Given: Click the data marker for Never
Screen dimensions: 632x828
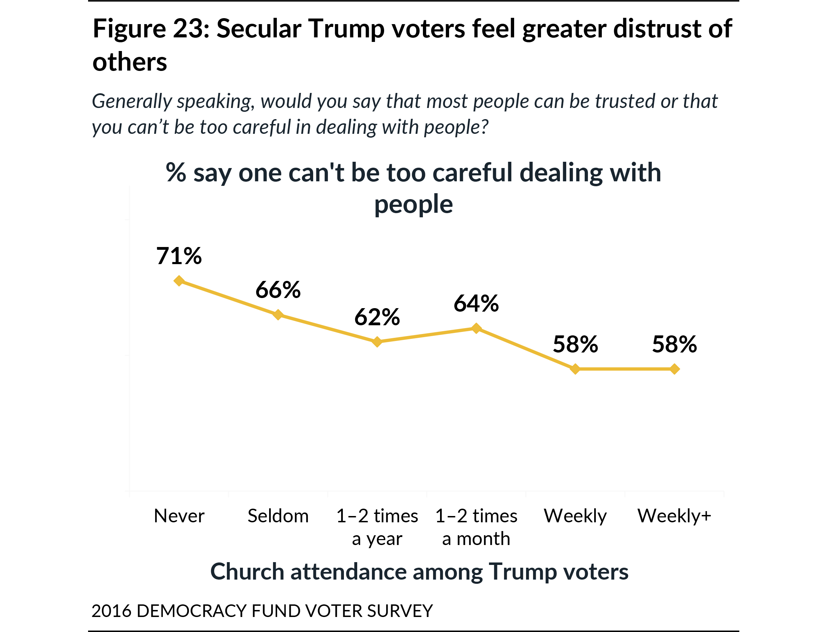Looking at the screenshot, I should pyautogui.click(x=179, y=281).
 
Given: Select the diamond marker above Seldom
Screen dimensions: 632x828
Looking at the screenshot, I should pyautogui.click(x=278, y=314).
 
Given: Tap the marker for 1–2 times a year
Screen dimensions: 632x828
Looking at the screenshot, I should pyautogui.click(x=377, y=342).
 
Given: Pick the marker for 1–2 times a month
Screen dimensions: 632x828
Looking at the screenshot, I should pyautogui.click(x=476, y=328).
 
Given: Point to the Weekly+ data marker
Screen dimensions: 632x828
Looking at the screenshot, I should pyautogui.click(x=675, y=369).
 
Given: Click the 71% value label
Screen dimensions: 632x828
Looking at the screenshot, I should pyautogui.click(x=179, y=256).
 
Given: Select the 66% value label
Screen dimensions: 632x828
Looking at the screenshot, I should pyautogui.click(x=278, y=290).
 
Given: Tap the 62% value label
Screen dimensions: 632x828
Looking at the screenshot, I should pyautogui.click(x=377, y=317).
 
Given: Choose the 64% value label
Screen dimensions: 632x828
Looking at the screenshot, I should pyautogui.click(x=476, y=304).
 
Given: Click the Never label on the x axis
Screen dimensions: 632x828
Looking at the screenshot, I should pyautogui.click(x=179, y=516).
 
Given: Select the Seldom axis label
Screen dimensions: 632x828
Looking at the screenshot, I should pyautogui.click(x=278, y=516).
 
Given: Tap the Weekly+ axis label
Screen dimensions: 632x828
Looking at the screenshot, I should pyautogui.click(x=674, y=516).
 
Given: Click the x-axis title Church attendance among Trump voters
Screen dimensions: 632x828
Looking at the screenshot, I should pyautogui.click(x=419, y=572).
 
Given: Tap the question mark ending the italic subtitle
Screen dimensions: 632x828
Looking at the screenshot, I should pyautogui.click(x=484, y=127).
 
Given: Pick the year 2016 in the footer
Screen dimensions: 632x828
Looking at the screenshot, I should pyautogui.click(x=111, y=611).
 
